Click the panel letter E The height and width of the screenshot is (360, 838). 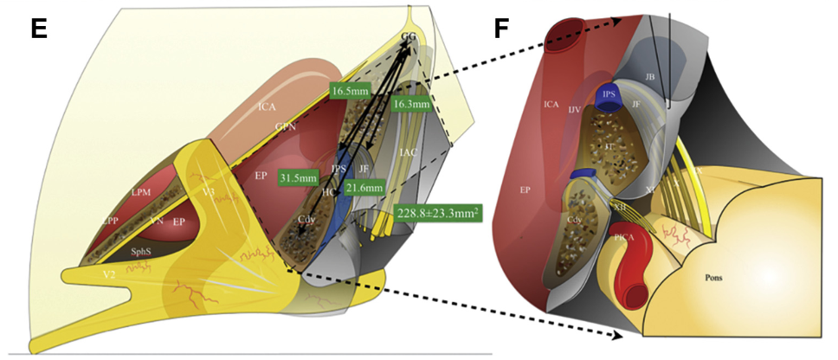(38, 29)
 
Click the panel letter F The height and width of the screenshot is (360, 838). (502, 29)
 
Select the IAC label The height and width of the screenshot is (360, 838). (409, 153)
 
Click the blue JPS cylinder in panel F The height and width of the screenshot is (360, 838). (609, 94)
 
